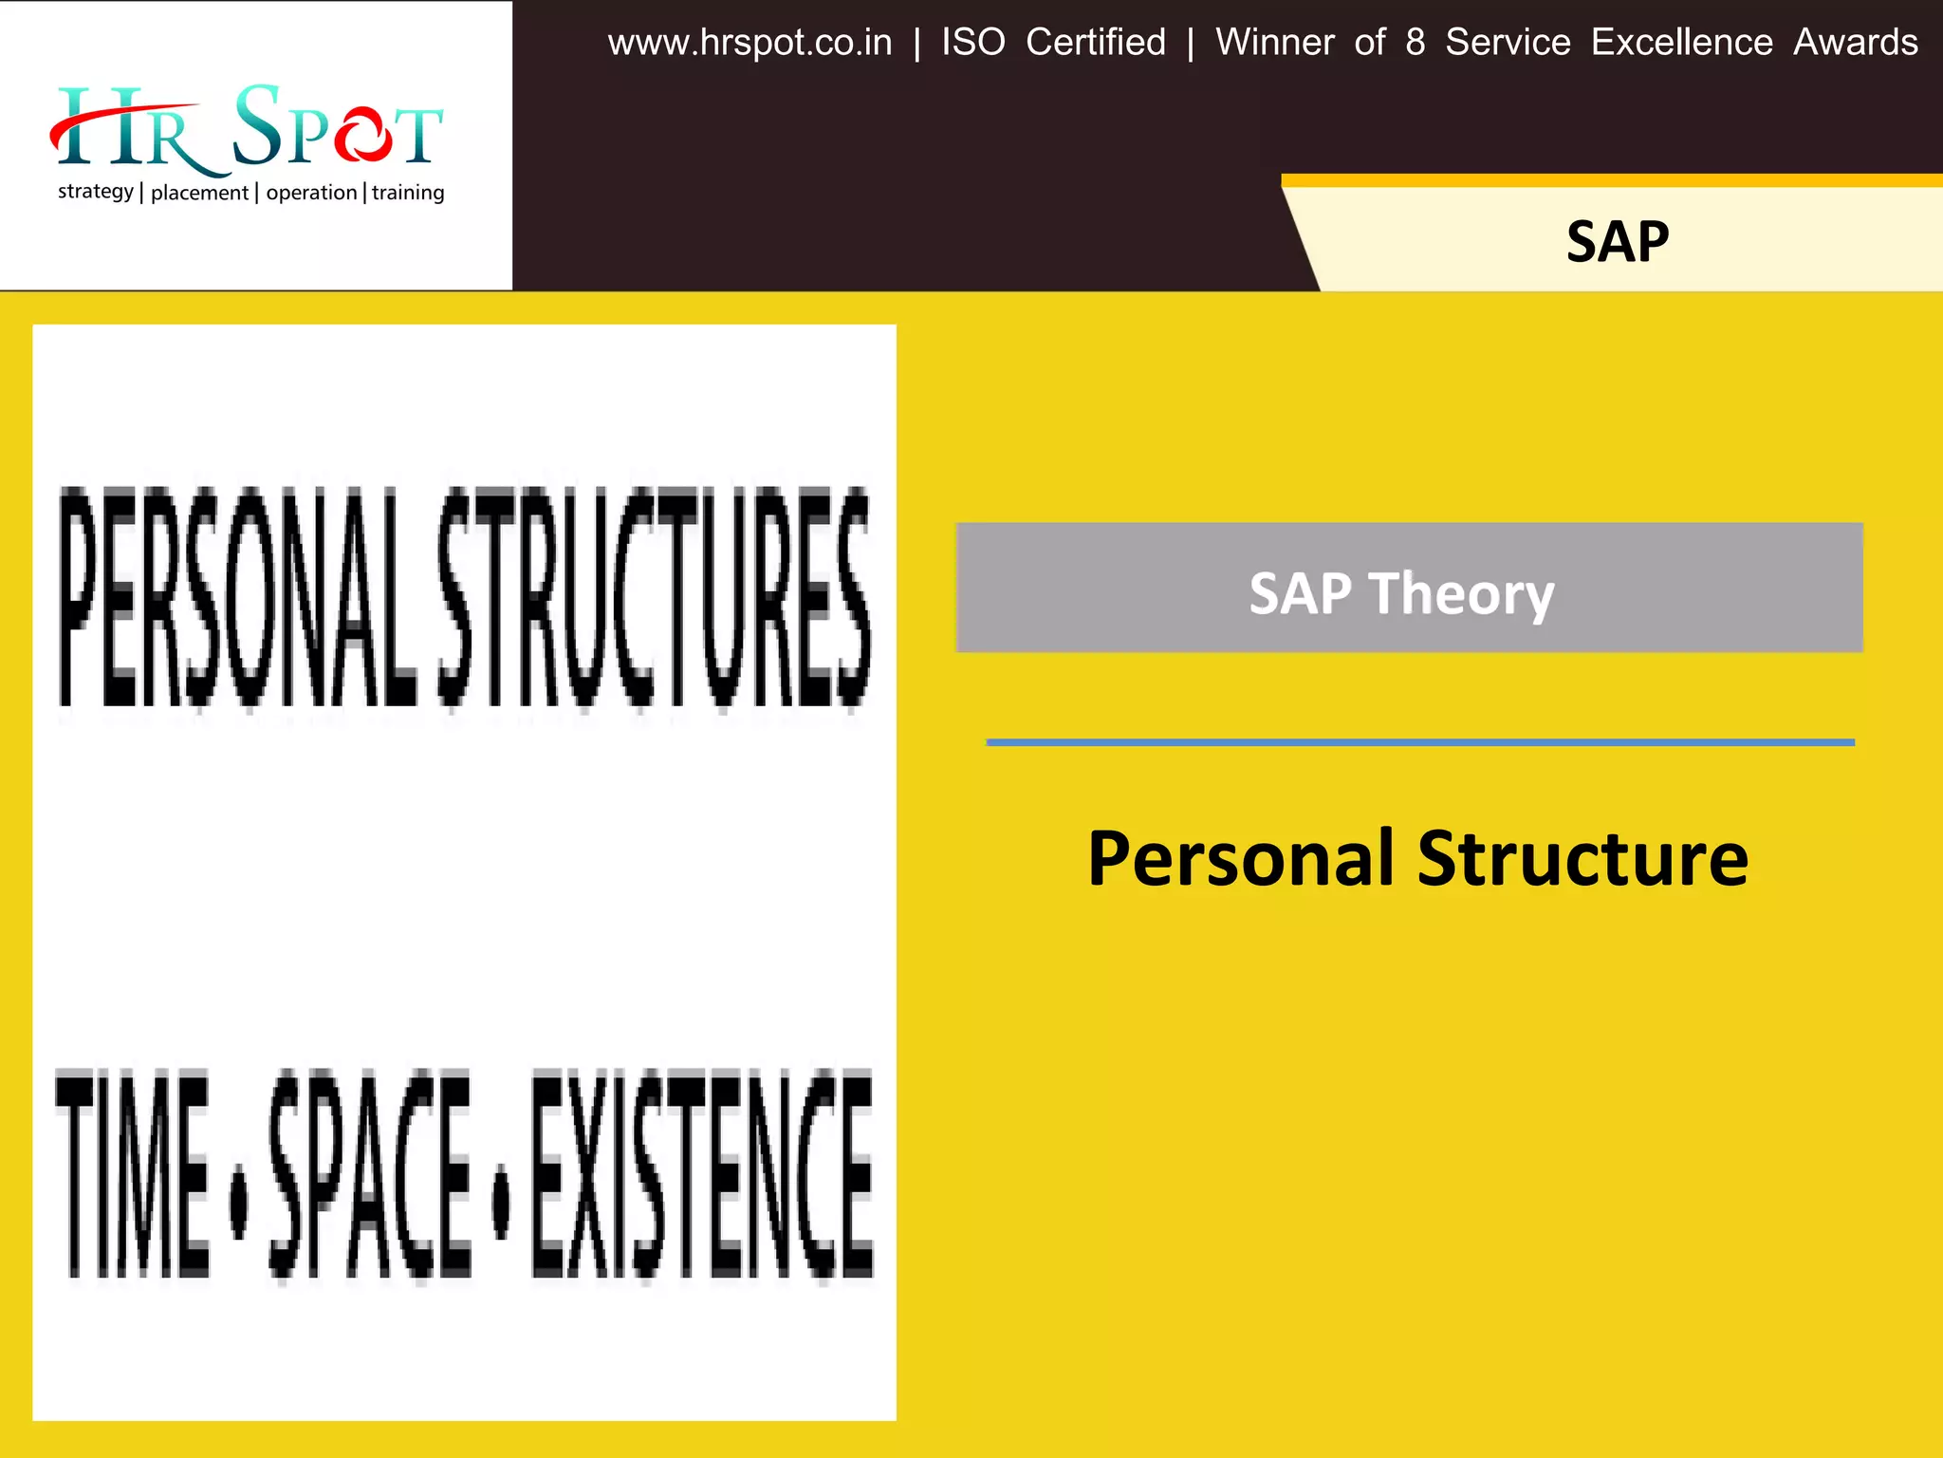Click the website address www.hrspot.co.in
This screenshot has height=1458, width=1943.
click(x=749, y=43)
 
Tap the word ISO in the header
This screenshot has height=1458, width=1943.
click(x=972, y=43)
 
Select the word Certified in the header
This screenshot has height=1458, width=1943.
click(x=1096, y=43)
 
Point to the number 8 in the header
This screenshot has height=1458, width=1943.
click(x=1415, y=43)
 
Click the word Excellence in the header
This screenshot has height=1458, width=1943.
click(x=1681, y=43)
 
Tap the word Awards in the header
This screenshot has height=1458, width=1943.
click(x=1855, y=43)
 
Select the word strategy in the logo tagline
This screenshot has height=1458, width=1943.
click(x=95, y=192)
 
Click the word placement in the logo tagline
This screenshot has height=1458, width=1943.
click(x=199, y=193)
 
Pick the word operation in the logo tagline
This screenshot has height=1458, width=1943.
click(x=311, y=193)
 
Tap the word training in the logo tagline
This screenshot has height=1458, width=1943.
click(x=408, y=193)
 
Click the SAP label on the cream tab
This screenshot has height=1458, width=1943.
click(x=1617, y=242)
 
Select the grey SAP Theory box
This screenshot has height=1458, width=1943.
click(x=1409, y=587)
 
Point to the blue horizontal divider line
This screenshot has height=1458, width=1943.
click(x=1420, y=742)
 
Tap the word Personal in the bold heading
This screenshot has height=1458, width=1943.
click(x=1240, y=859)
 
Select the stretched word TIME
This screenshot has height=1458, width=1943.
click(x=133, y=1173)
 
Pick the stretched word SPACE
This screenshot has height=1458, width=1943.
click(x=370, y=1173)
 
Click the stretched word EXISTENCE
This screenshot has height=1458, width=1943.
click(x=702, y=1173)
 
